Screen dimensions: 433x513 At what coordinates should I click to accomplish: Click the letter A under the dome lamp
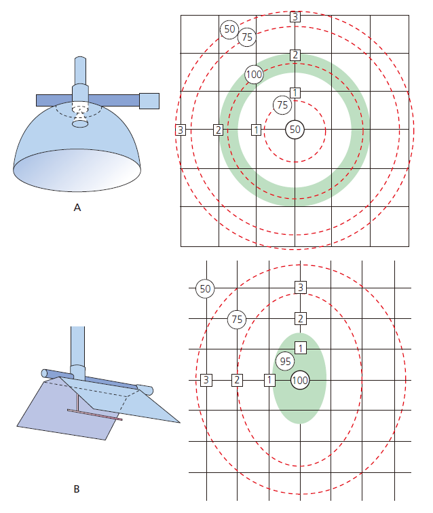click(77, 208)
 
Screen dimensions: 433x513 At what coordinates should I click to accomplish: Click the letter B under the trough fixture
click(77, 489)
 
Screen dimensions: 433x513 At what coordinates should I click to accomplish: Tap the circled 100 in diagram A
click(254, 74)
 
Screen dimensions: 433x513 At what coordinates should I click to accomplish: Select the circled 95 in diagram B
click(285, 361)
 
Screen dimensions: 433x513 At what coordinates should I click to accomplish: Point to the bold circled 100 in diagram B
click(300, 380)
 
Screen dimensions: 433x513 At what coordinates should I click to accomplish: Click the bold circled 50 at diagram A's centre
click(295, 130)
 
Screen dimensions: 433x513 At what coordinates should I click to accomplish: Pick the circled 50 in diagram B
click(205, 288)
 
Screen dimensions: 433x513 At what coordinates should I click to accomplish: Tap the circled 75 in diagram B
click(237, 319)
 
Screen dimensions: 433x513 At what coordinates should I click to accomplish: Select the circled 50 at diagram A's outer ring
click(229, 29)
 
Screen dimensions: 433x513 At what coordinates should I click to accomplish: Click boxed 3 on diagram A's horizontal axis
click(181, 130)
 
